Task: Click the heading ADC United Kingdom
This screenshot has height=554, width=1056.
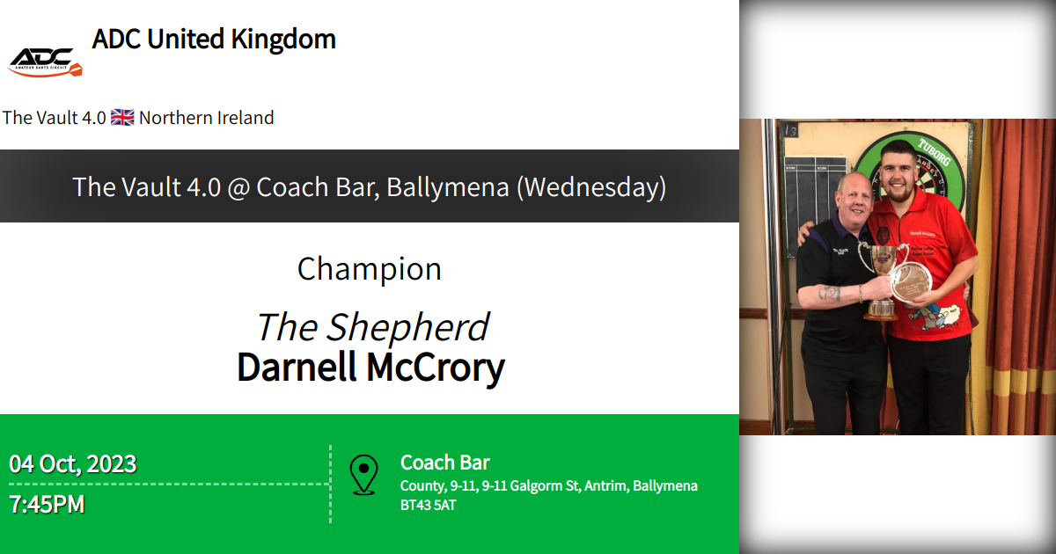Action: click(x=214, y=40)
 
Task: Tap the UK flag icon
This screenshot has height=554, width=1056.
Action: click(x=123, y=118)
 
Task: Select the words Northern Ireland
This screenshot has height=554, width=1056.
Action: click(x=207, y=118)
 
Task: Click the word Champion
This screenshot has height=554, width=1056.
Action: click(x=370, y=269)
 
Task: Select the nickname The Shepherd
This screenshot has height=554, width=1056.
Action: click(x=371, y=327)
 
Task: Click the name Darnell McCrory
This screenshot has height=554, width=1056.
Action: click(x=370, y=368)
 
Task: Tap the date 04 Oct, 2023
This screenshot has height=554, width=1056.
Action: click(x=73, y=463)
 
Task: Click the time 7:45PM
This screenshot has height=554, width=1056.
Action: click(x=48, y=506)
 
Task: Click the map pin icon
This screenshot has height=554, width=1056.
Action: click(x=363, y=475)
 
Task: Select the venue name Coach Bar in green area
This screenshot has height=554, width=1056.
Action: click(x=445, y=463)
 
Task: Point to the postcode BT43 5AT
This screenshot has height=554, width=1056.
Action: click(x=429, y=506)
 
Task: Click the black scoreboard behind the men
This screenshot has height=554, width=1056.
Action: click(x=814, y=193)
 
